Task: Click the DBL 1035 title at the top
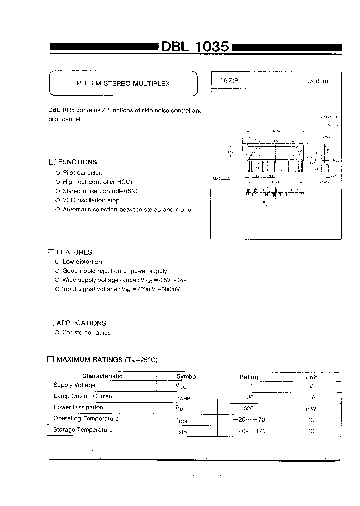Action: (x=195, y=47)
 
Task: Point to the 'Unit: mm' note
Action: (x=320, y=81)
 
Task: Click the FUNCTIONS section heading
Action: (x=77, y=162)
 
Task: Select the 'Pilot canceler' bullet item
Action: (x=82, y=172)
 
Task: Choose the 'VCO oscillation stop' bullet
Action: (x=91, y=200)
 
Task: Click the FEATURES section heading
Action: (x=74, y=252)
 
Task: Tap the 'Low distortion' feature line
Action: (x=82, y=262)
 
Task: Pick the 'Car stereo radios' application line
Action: (x=86, y=333)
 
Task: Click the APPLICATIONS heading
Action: (x=81, y=323)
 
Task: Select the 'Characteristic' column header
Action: (x=102, y=376)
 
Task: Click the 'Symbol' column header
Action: (x=187, y=377)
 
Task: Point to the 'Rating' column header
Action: (x=249, y=377)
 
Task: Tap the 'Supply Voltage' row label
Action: (x=74, y=385)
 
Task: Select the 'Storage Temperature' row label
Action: (x=83, y=430)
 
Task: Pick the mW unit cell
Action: (x=311, y=408)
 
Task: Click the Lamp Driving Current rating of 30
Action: (x=250, y=397)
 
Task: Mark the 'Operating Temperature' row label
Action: (x=86, y=419)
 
